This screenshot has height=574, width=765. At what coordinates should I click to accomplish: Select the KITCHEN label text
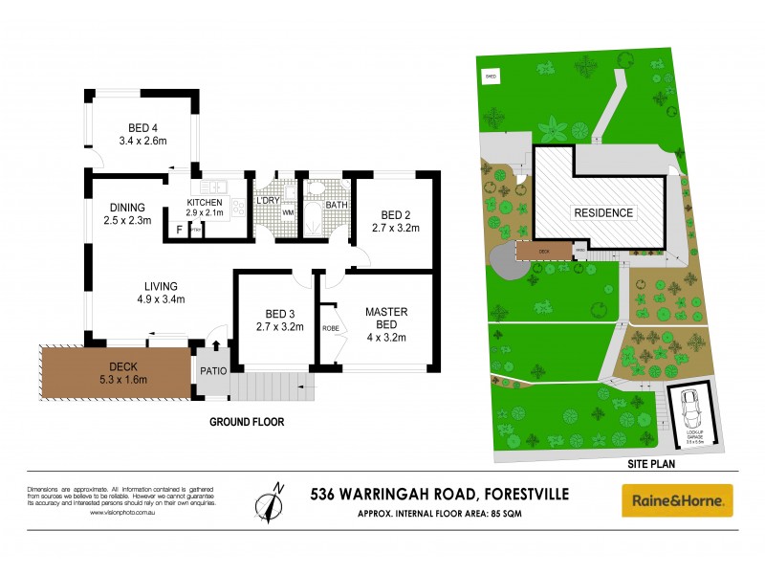(x=205, y=203)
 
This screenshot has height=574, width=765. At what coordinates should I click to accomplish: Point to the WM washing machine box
(x=288, y=212)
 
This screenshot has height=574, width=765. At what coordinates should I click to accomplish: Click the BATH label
(x=337, y=205)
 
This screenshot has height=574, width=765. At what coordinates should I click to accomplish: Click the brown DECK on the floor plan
(x=115, y=373)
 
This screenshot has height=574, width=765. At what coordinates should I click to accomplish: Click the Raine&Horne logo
(x=677, y=499)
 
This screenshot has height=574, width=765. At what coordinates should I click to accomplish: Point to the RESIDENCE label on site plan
(x=602, y=212)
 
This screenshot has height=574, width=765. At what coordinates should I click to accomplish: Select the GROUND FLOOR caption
(x=247, y=421)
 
